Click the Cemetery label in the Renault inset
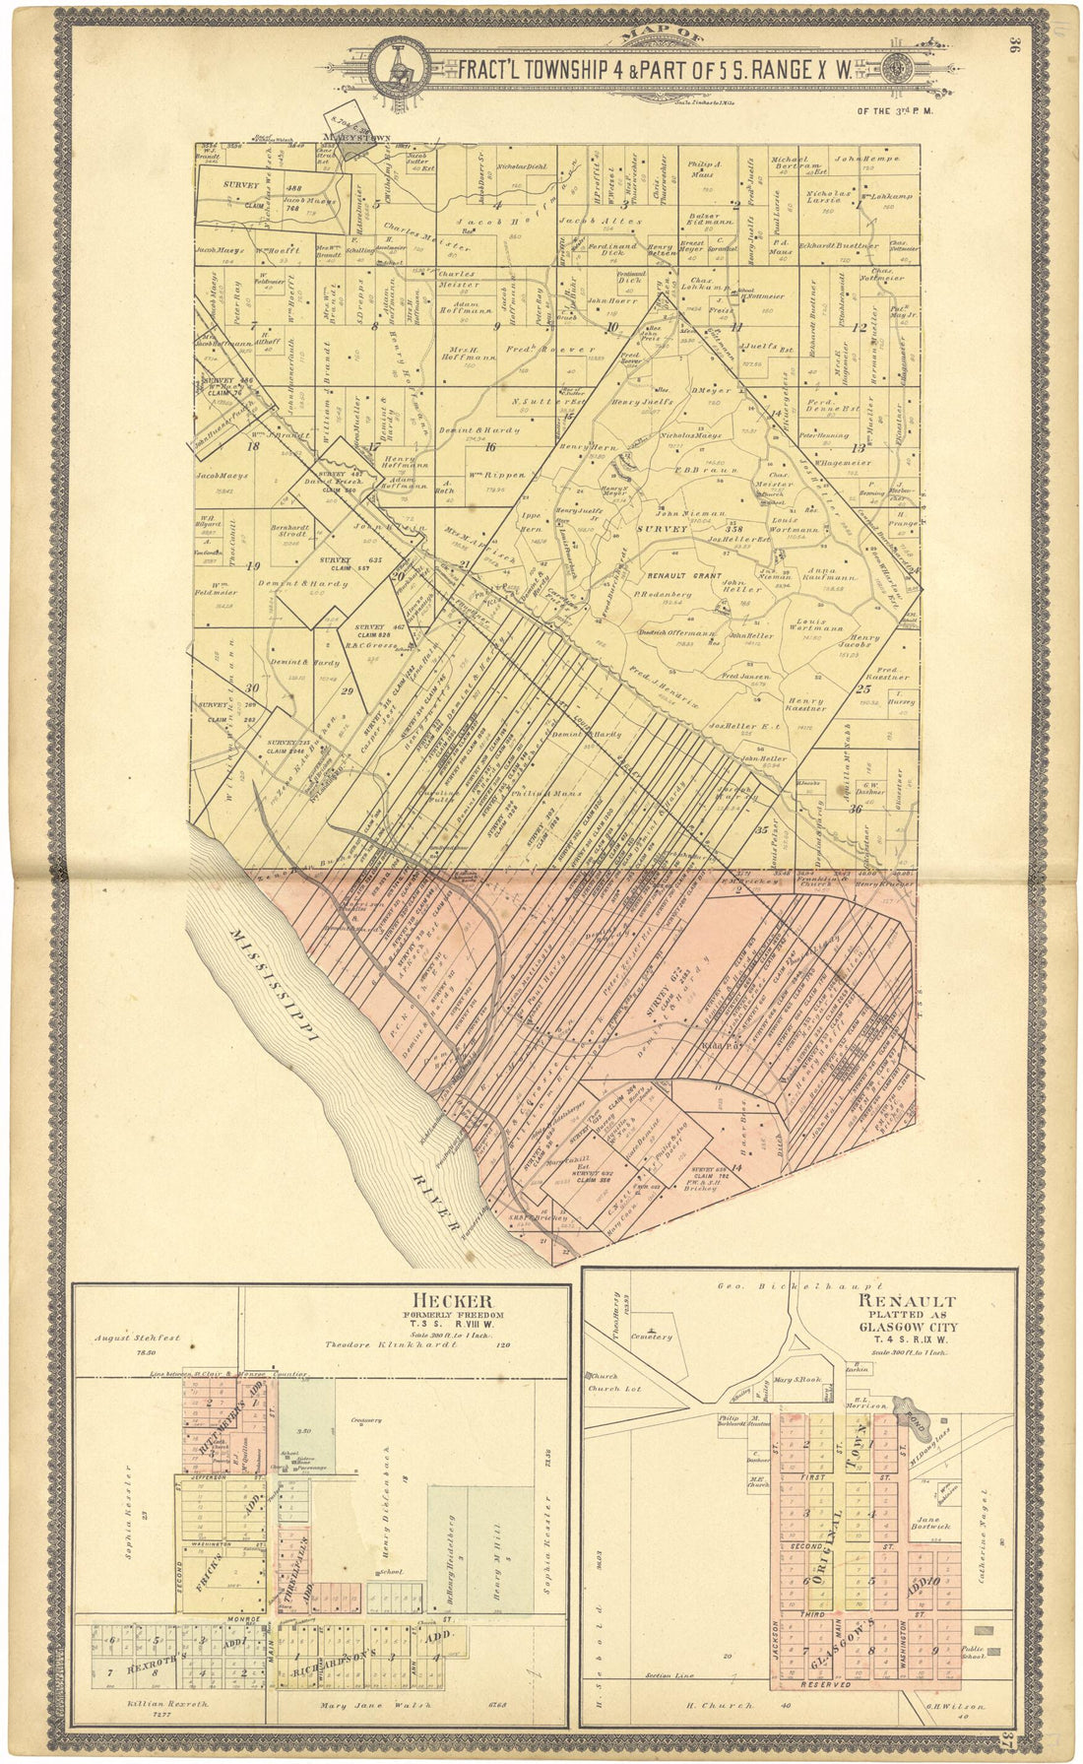652,1337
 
